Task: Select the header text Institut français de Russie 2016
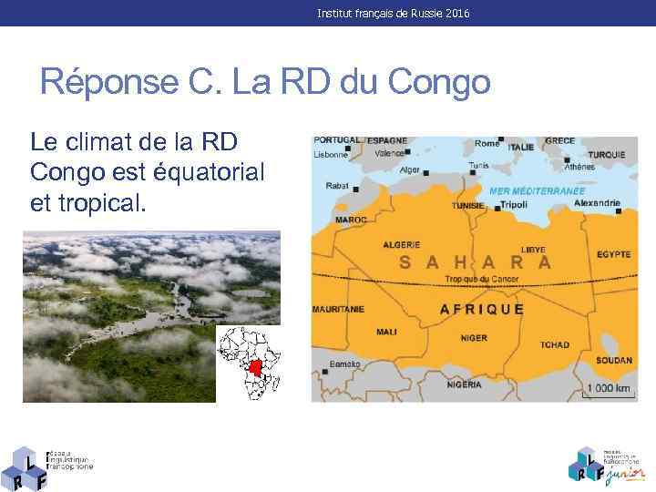pos(394,14)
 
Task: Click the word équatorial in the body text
pos(210,171)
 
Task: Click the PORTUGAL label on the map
pos(336,140)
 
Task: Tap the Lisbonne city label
pos(332,155)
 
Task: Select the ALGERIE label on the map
pos(401,244)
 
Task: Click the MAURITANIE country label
pos(339,309)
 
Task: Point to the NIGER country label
pos(474,338)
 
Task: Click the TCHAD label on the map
pos(554,344)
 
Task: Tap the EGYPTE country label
pos(614,252)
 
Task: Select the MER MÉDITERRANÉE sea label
pos(537,191)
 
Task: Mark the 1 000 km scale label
pos(609,388)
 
